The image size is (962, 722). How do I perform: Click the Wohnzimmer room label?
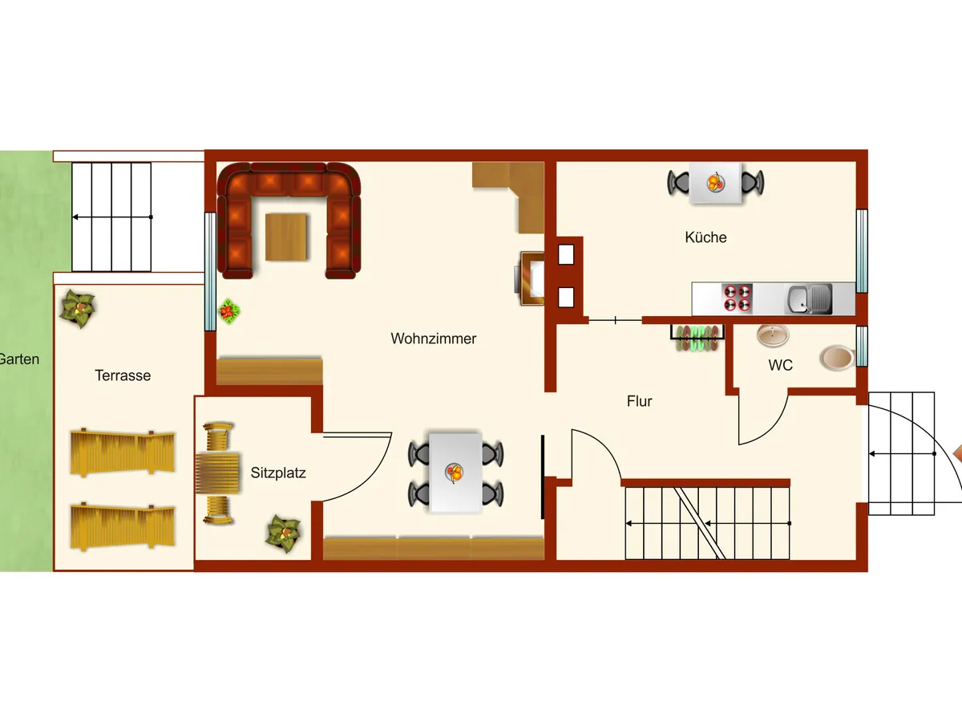click(433, 339)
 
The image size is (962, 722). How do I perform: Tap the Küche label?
click(705, 237)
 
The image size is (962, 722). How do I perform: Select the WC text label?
click(780, 365)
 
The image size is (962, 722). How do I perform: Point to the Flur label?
click(640, 401)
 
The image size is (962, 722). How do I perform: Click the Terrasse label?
click(123, 375)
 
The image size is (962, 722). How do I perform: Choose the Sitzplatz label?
click(278, 473)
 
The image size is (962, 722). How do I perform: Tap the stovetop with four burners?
click(738, 298)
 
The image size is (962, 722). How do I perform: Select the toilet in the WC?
click(837, 359)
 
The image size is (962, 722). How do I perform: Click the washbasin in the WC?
click(773, 337)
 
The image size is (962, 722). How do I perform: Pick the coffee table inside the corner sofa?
click(286, 237)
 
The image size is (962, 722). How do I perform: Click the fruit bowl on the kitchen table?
click(714, 183)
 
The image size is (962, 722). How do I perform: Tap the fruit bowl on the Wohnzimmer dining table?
click(455, 473)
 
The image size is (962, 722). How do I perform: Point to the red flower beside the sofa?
click(230, 310)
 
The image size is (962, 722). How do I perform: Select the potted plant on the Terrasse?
click(79, 306)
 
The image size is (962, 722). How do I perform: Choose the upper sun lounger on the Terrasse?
click(122, 453)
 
